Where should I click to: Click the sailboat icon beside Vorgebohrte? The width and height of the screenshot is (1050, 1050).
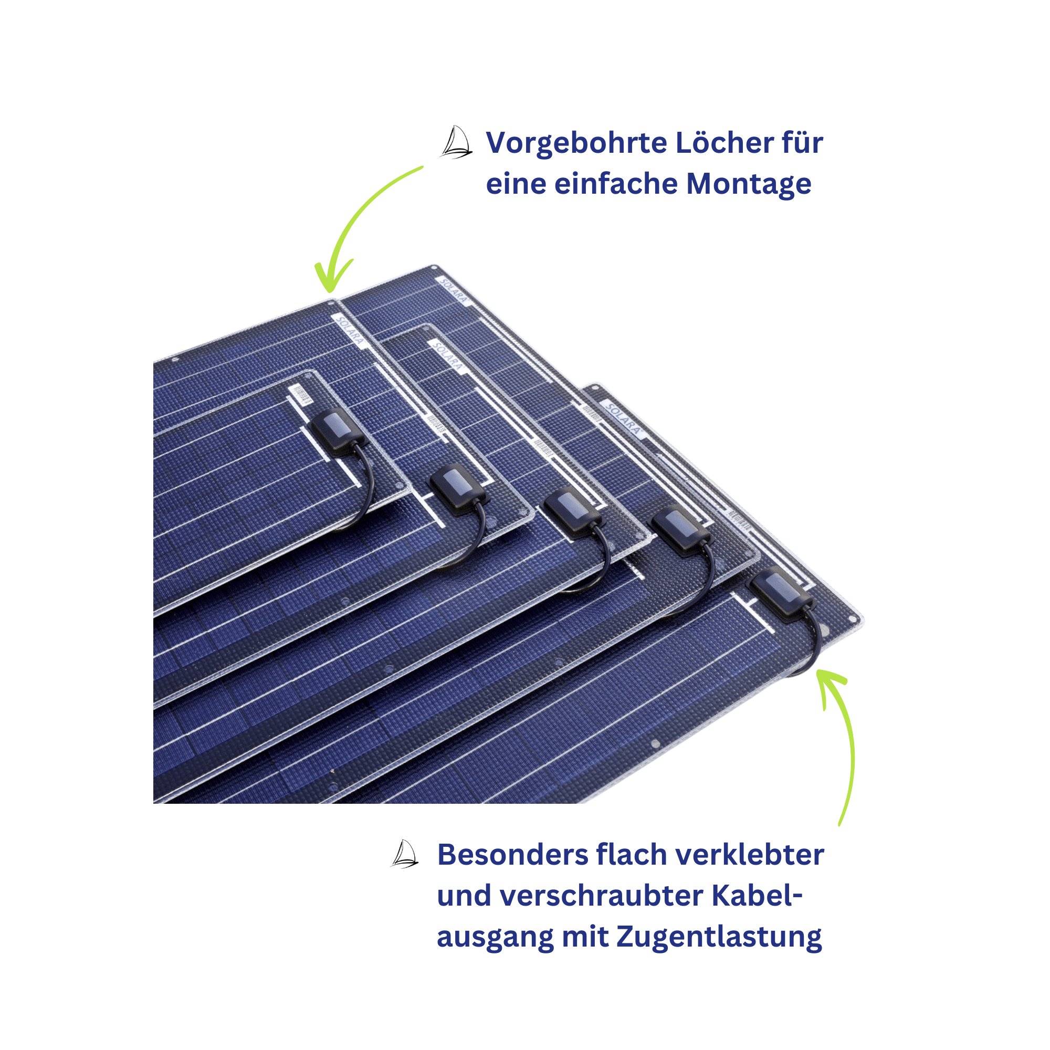pyautogui.click(x=456, y=142)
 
